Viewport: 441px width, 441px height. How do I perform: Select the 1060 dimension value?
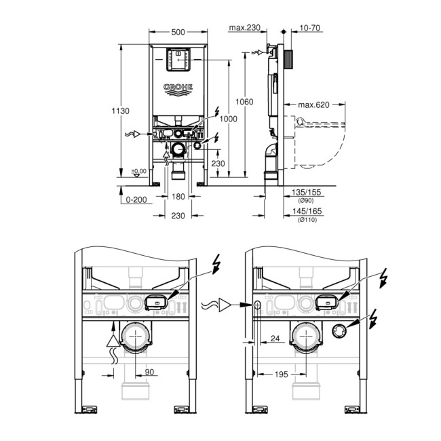pos(244,102)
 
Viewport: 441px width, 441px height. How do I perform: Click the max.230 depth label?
pos(245,28)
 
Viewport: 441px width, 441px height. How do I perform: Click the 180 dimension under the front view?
pos(178,197)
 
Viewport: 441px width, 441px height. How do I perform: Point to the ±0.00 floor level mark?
pos(138,171)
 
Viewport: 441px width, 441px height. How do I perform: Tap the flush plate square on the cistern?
pos(178,60)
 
